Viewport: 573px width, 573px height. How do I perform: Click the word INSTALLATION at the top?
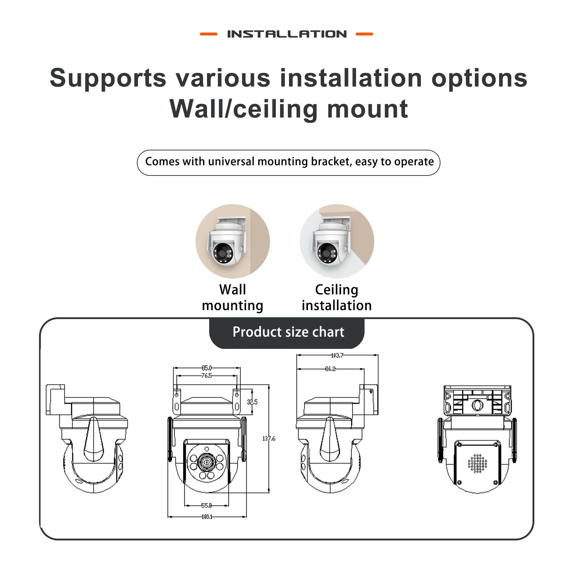[x=287, y=34]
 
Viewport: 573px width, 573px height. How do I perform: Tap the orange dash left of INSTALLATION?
[x=208, y=34]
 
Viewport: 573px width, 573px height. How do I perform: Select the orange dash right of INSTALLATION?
[x=364, y=34]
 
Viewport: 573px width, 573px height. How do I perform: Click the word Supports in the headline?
[x=108, y=78]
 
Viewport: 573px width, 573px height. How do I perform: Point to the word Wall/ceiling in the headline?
[x=243, y=109]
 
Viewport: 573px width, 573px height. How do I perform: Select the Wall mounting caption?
[x=233, y=298]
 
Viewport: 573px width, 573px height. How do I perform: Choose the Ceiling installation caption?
[x=337, y=298]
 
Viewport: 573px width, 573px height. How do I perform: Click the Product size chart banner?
[x=288, y=332]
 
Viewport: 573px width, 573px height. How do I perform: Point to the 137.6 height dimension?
[x=269, y=438]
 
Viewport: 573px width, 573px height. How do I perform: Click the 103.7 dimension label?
[x=337, y=355]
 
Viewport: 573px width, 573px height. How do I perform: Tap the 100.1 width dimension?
[x=207, y=517]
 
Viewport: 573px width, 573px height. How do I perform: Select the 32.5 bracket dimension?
[x=252, y=402]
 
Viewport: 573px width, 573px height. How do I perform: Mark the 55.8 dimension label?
[x=206, y=506]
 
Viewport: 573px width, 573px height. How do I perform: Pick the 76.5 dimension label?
[x=207, y=376]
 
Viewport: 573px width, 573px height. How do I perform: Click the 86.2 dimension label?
[x=330, y=369]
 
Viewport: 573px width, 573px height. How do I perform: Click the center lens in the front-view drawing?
[x=207, y=462]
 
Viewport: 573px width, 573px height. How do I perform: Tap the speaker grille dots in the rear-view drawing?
[x=477, y=464]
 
